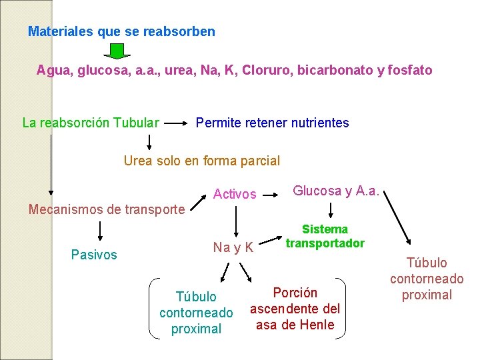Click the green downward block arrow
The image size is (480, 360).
point(117,51)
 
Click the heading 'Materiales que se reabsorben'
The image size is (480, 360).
point(121,31)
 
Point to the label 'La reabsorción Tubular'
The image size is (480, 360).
point(91,123)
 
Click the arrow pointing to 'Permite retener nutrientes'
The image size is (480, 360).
point(176,123)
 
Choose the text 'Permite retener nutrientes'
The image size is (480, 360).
point(272,123)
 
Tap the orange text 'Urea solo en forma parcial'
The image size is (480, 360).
point(202,161)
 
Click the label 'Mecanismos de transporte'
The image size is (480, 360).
point(107,209)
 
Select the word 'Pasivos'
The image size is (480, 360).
point(94,255)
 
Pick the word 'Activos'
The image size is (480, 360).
point(235,194)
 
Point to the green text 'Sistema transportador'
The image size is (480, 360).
point(325,236)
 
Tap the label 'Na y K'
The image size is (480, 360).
point(233,247)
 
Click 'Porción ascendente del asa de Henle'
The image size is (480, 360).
point(295,309)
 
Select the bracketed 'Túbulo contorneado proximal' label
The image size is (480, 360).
point(196,312)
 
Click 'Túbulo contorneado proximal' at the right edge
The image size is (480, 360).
point(427,279)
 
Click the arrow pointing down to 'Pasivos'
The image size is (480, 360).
point(100,230)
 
